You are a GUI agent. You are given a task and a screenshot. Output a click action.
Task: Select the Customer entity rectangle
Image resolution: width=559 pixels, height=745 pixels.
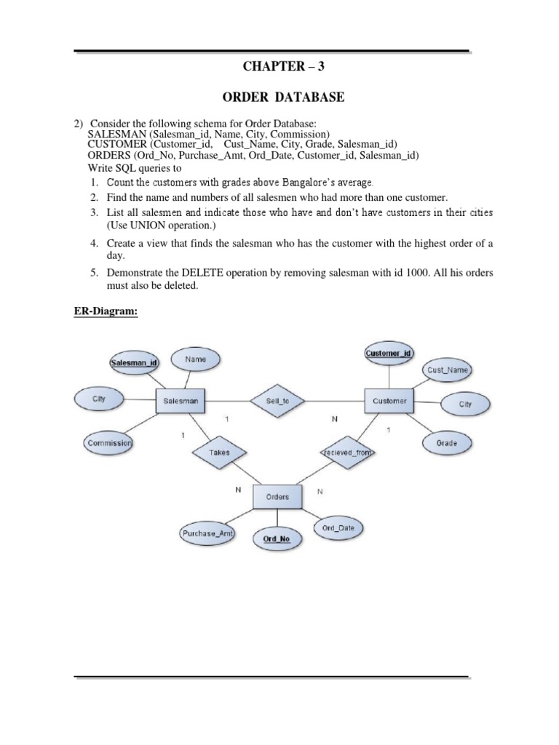389,400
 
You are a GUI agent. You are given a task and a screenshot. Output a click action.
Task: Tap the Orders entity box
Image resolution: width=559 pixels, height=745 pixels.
277,497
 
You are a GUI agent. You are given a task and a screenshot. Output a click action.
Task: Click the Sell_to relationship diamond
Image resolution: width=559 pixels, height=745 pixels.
277,400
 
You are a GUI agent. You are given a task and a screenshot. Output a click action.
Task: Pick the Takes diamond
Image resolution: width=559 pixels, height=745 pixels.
219,452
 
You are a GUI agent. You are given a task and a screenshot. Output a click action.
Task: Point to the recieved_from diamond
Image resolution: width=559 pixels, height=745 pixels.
346,452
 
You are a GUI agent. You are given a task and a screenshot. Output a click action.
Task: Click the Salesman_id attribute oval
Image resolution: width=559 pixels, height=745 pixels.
134,362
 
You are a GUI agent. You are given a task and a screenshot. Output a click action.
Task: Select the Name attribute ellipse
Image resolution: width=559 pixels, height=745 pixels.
195,359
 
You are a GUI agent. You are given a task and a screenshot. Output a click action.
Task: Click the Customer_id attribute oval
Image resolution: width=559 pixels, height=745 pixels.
388,353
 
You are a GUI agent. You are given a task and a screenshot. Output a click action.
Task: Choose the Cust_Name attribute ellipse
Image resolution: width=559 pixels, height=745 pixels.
448,370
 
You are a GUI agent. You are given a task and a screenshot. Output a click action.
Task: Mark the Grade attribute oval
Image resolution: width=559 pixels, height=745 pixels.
446,442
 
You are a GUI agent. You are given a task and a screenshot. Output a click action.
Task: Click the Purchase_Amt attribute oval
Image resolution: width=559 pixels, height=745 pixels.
209,533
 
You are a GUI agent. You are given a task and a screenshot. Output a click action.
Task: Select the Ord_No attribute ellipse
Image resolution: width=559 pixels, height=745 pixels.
277,538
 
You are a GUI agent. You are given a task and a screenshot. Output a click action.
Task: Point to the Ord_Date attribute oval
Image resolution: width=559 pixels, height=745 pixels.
338,528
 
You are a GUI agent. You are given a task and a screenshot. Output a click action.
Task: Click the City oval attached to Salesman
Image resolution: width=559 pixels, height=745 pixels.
99,399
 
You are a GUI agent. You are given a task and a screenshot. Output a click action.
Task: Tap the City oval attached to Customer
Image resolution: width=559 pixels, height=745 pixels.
464,404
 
